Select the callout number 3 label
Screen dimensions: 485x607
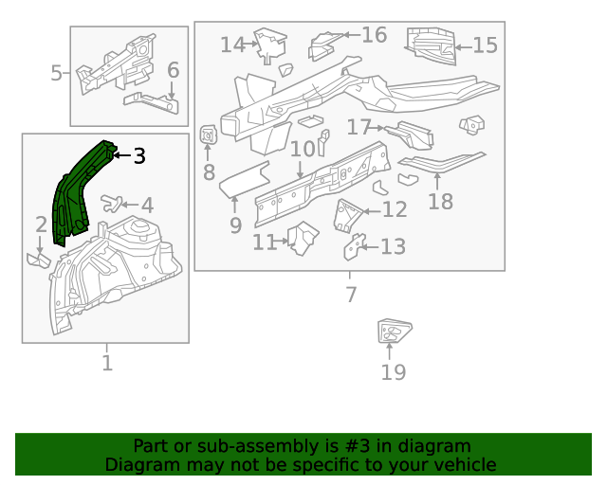pyautogui.click(x=139, y=155)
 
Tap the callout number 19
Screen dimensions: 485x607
pyautogui.click(x=393, y=371)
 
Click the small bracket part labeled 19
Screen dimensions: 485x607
pyautogui.click(x=391, y=332)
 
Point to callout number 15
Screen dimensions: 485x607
pyautogui.click(x=485, y=45)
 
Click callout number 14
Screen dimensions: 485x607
pyautogui.click(x=232, y=45)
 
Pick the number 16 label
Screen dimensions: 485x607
pyautogui.click(x=374, y=35)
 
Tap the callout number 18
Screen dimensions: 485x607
pyautogui.click(x=440, y=201)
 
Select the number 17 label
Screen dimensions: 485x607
pyautogui.click(x=359, y=127)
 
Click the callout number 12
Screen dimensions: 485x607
pyautogui.click(x=395, y=210)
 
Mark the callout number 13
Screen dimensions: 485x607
pyautogui.click(x=393, y=247)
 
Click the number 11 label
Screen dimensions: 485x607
pyautogui.click(x=265, y=242)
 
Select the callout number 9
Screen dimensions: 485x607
pyautogui.click(x=235, y=225)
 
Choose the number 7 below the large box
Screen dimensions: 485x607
pyautogui.click(x=351, y=295)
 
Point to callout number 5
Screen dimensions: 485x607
pyautogui.click(x=56, y=73)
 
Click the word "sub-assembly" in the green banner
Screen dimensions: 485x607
pyautogui.click(x=225, y=446)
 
